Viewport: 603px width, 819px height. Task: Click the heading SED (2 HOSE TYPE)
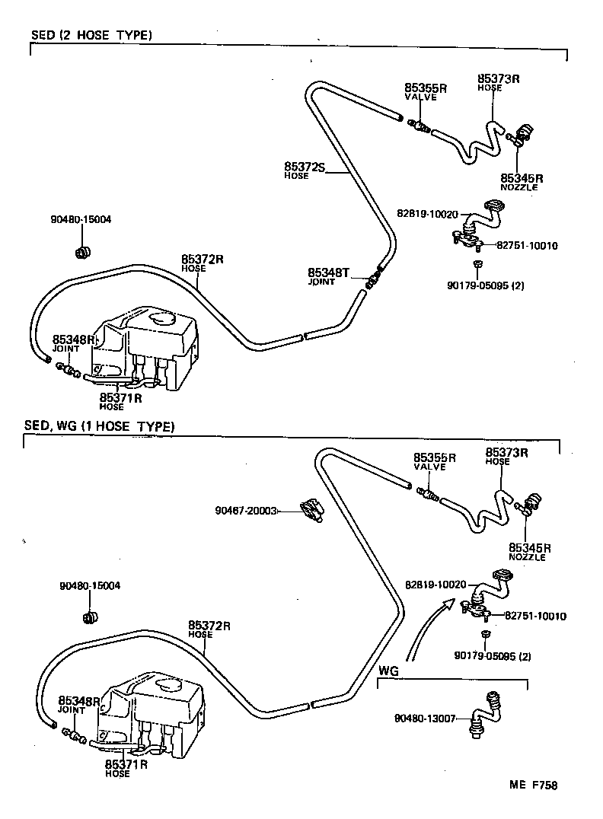[91, 35]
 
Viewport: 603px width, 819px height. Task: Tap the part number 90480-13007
[425, 718]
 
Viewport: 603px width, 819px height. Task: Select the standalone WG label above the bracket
[388, 671]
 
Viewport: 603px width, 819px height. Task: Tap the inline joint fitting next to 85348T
[372, 279]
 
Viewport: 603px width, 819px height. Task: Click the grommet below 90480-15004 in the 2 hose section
[84, 251]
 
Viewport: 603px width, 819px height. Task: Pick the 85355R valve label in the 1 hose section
[434, 458]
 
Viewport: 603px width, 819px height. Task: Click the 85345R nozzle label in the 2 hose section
[520, 177]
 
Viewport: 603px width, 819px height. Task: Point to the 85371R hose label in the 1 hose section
[126, 763]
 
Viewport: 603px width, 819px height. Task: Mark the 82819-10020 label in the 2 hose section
[428, 214]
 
